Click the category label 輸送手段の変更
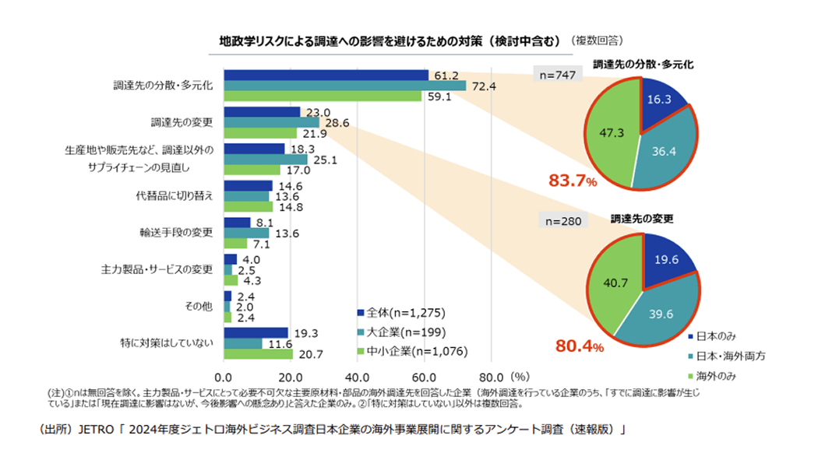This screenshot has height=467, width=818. pos(182,233)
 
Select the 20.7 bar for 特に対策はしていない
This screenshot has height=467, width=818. pos(258,354)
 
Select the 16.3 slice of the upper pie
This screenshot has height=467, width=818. pos(661,101)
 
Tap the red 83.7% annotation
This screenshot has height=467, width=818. pos(573,181)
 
